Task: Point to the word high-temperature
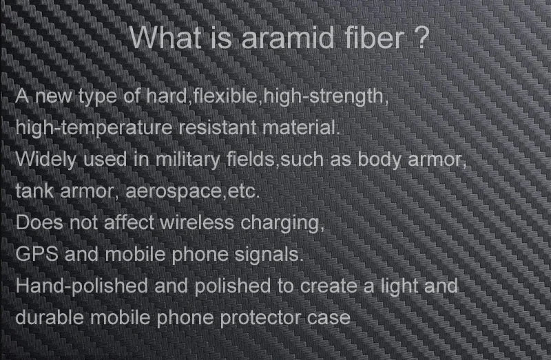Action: click(94, 128)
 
